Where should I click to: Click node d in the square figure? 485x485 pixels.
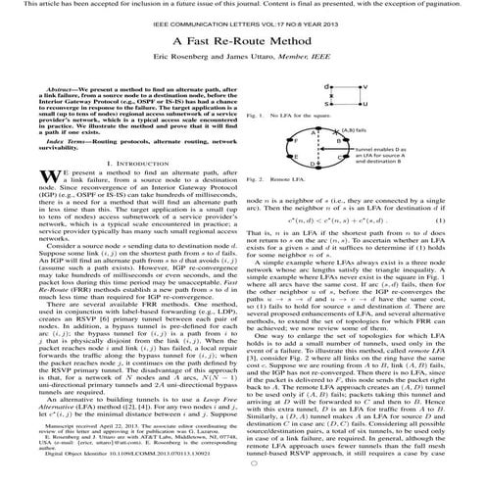pos(327,87)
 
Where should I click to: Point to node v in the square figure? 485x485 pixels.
pos(362,87)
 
